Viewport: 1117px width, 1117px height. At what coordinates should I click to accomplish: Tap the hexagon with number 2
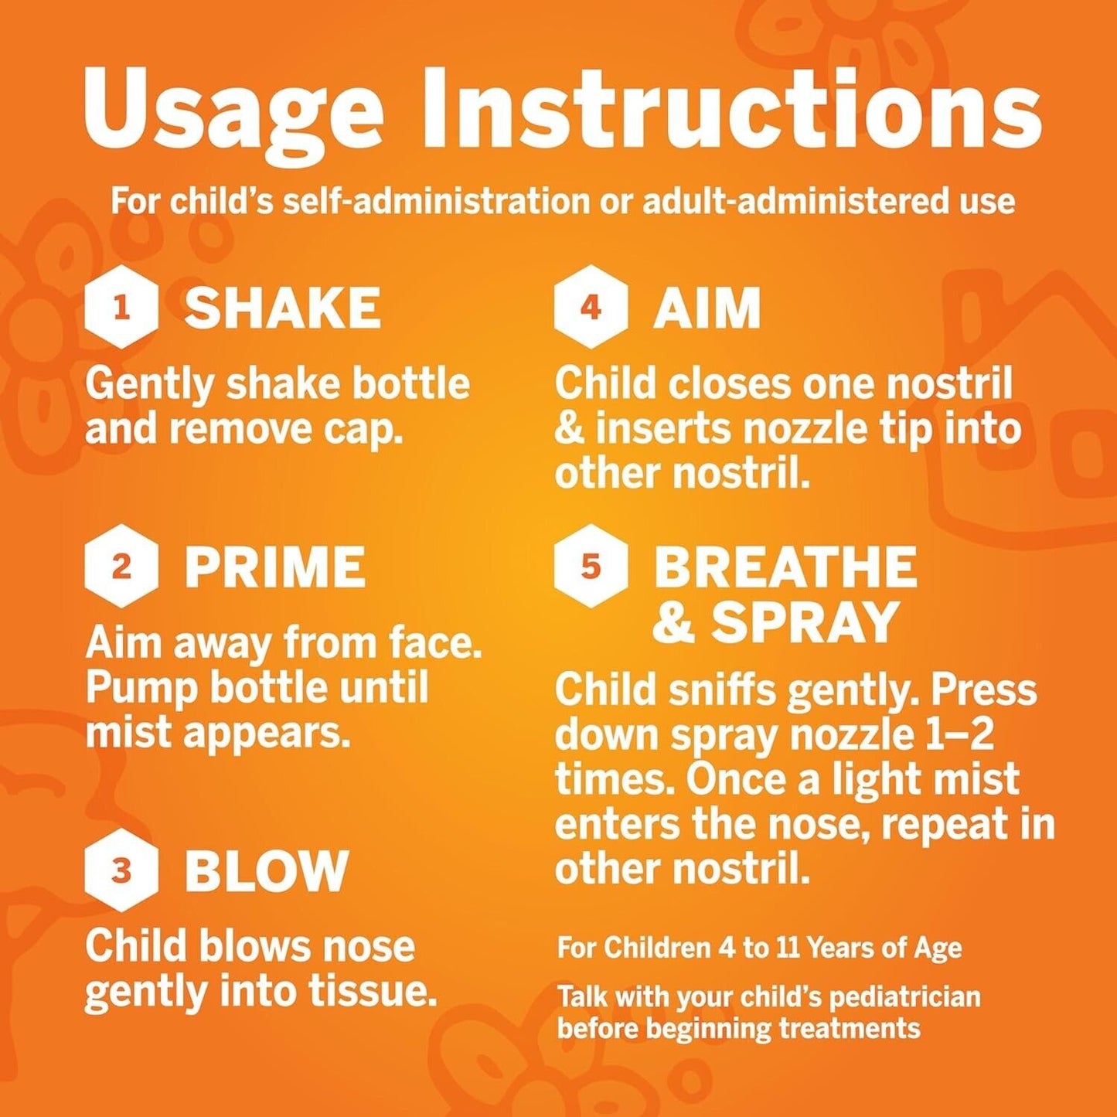[121, 566]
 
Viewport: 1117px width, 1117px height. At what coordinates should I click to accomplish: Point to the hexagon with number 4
[591, 307]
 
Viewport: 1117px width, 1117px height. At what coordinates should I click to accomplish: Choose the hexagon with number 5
[591, 566]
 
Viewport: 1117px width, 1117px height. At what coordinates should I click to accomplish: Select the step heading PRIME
[275, 567]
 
